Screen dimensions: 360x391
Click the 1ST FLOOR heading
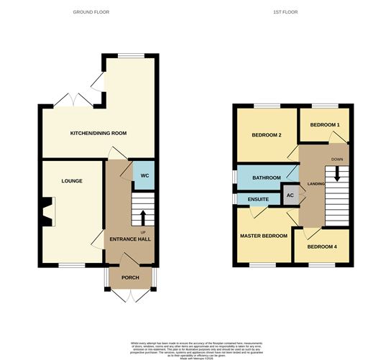tap(286, 13)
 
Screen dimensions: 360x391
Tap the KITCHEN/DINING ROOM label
tap(98, 134)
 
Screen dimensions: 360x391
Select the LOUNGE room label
tap(72, 181)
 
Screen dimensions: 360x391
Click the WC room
tap(143, 175)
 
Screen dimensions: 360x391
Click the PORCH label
tap(130, 277)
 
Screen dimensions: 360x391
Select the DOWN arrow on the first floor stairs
tap(335, 175)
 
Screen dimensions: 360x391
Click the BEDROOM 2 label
tap(265, 135)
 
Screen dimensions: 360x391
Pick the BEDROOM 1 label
tap(323, 125)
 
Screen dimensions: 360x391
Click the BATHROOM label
tap(265, 175)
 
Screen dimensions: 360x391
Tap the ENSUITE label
tap(258, 199)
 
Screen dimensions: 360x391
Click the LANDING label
tap(316, 185)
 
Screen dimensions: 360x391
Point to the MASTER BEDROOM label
tap(263, 236)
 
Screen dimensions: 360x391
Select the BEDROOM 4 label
tap(322, 247)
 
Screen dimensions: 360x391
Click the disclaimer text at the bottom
tap(195, 347)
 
